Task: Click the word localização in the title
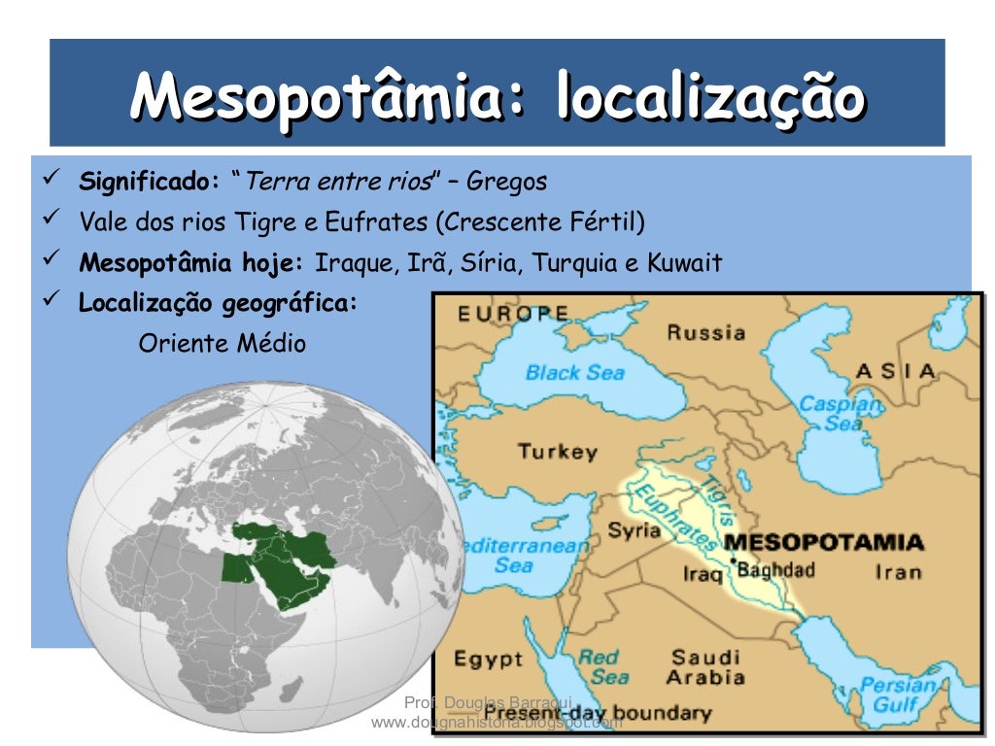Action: [709, 97]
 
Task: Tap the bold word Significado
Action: [150, 182]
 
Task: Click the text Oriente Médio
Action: [223, 343]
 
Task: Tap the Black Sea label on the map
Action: [575, 372]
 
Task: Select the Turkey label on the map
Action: [557, 451]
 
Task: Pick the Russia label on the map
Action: [705, 332]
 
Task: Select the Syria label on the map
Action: [634, 530]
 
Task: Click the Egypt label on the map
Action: [488, 660]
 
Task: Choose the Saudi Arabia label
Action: [706, 667]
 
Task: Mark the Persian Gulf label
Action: [896, 694]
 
